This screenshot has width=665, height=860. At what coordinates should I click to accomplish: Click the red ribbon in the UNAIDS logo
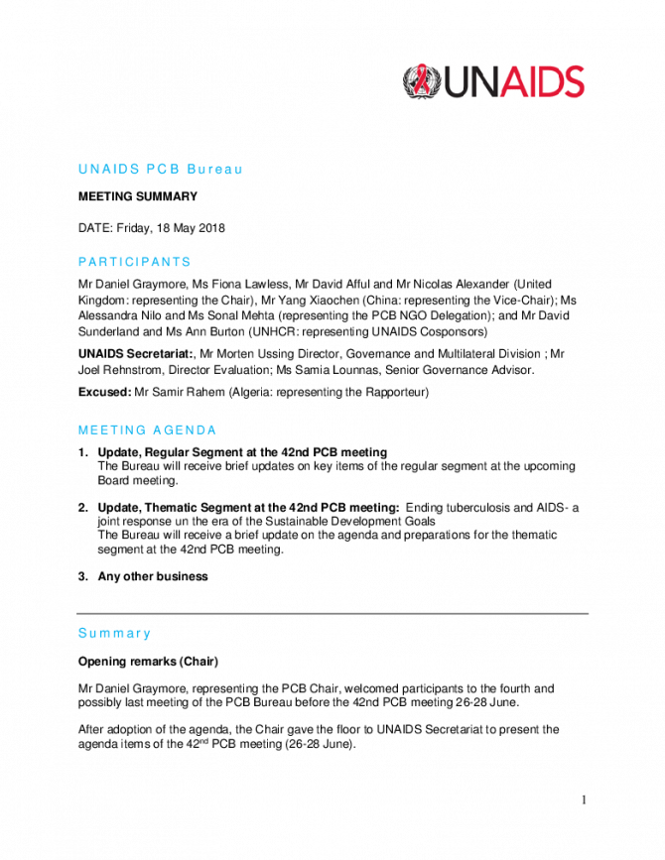point(421,80)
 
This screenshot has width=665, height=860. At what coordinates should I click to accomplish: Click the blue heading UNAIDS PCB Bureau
point(160,169)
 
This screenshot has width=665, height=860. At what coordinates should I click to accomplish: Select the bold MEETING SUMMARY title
point(138,196)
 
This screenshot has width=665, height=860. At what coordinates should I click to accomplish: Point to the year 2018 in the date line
point(211,227)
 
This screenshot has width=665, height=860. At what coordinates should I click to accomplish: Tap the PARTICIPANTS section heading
point(134,262)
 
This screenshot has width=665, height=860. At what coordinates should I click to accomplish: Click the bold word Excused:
point(105,392)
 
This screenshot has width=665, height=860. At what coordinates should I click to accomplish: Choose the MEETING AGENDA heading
point(147,430)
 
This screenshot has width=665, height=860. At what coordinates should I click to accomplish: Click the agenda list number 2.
point(82,507)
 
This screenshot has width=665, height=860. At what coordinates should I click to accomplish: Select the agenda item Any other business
point(153,576)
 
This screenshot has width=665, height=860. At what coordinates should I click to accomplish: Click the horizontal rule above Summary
point(332,613)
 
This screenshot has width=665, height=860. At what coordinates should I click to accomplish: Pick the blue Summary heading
point(114,633)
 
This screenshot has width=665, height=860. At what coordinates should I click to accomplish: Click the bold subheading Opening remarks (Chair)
point(148,661)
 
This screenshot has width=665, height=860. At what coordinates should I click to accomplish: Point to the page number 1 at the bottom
point(584,799)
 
